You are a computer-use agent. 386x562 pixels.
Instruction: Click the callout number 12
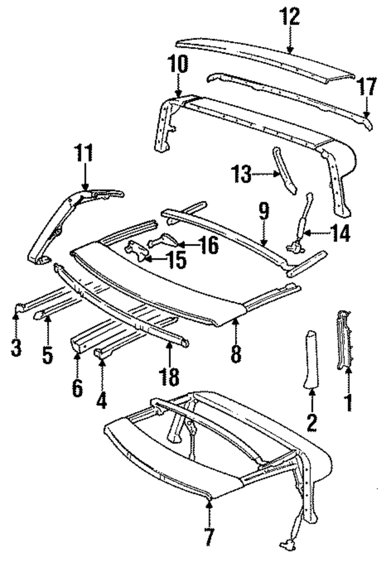pyautogui.click(x=289, y=17)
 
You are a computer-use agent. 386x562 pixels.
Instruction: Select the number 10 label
pyautogui.click(x=179, y=64)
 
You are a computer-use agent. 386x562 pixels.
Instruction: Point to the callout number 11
pyautogui.click(x=84, y=154)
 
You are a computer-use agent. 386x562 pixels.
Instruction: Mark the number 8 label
pyautogui.click(x=236, y=353)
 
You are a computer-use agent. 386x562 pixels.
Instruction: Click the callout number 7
pyautogui.click(x=208, y=535)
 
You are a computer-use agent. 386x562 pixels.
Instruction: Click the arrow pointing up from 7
pyautogui.click(x=208, y=507)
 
